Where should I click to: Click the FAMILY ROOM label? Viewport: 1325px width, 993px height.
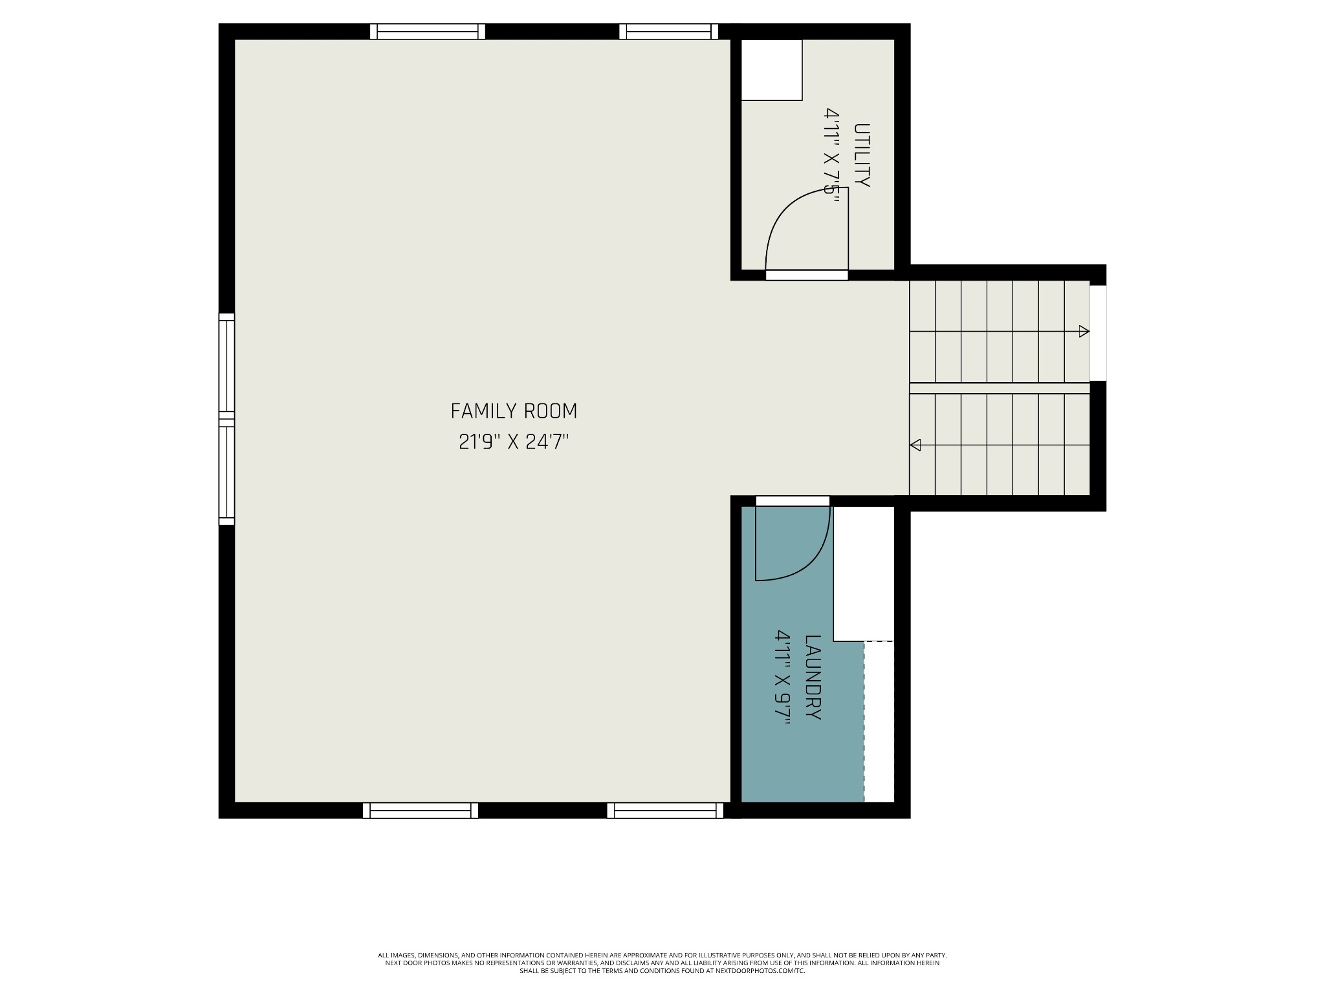pyautogui.click(x=514, y=411)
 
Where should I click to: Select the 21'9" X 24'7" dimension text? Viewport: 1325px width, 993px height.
pyautogui.click(x=514, y=442)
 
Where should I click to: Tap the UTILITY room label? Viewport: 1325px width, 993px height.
pyautogui.click(x=862, y=155)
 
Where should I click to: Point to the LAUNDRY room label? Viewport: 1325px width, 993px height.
pyautogui.click(x=813, y=678)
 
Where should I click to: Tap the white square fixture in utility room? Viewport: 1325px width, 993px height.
pyautogui.click(x=771, y=70)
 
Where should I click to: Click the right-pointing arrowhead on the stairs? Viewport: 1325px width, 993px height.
pyautogui.click(x=1084, y=332)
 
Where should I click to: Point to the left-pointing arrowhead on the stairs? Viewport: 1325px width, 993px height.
pyautogui.click(x=915, y=445)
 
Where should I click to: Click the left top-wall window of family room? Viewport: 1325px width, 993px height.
pyautogui.click(x=428, y=32)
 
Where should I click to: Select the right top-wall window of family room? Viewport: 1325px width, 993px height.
pyautogui.click(x=669, y=32)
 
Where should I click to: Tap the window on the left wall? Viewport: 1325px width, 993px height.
pyautogui.click(x=226, y=419)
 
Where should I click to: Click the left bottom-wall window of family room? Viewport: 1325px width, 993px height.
pyautogui.click(x=421, y=811)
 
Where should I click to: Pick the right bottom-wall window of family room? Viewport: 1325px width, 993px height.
pyautogui.click(x=665, y=811)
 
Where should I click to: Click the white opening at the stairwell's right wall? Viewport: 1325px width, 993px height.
pyautogui.click(x=1098, y=333)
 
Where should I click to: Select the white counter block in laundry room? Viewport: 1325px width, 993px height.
pyautogui.click(x=863, y=573)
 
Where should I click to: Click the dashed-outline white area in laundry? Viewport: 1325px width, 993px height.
pyautogui.click(x=879, y=721)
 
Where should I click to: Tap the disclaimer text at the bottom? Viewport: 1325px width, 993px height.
pyautogui.click(x=662, y=981)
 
